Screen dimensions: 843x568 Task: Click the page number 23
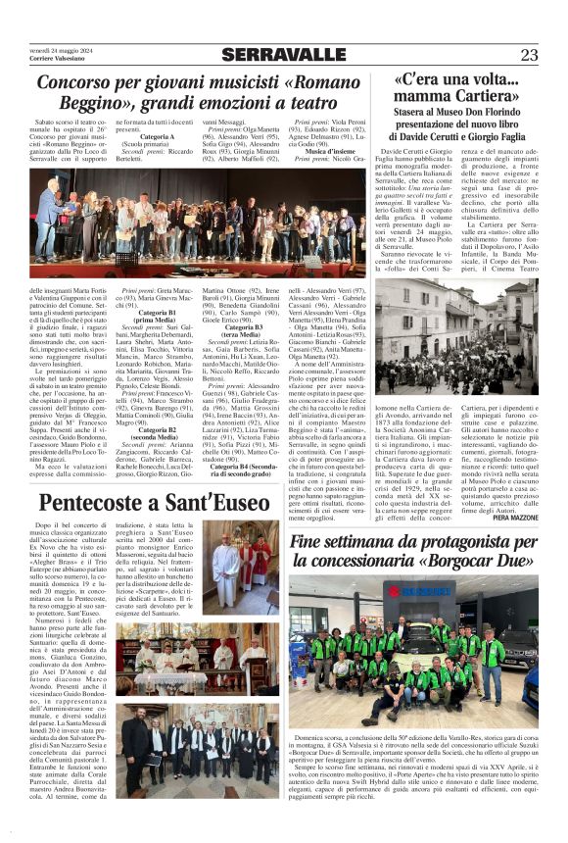point(529,54)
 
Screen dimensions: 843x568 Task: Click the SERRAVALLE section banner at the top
point(283,54)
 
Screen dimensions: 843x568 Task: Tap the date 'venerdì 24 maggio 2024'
point(61,48)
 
